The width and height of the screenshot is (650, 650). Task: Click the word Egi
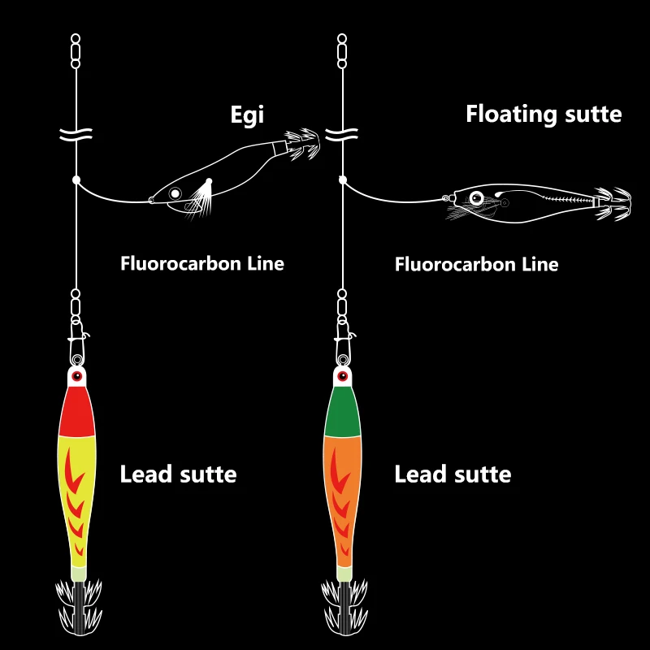[x=247, y=115]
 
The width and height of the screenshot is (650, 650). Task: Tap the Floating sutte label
[x=544, y=114]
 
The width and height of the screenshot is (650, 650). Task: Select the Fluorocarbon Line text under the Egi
[x=202, y=263]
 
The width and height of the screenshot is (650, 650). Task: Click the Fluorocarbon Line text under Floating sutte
[x=476, y=264]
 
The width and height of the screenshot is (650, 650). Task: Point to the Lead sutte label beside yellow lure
[x=178, y=474]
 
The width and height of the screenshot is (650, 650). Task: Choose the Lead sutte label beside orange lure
[x=453, y=474]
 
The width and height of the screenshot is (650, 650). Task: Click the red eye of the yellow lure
[x=77, y=376]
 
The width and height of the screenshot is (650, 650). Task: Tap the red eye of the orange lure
[x=342, y=376]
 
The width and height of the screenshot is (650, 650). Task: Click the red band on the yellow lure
[x=77, y=411]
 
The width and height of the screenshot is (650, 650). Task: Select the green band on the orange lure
[x=342, y=413]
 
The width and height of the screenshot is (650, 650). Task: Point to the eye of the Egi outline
[x=174, y=193]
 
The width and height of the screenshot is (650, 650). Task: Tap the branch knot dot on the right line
[x=343, y=179]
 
